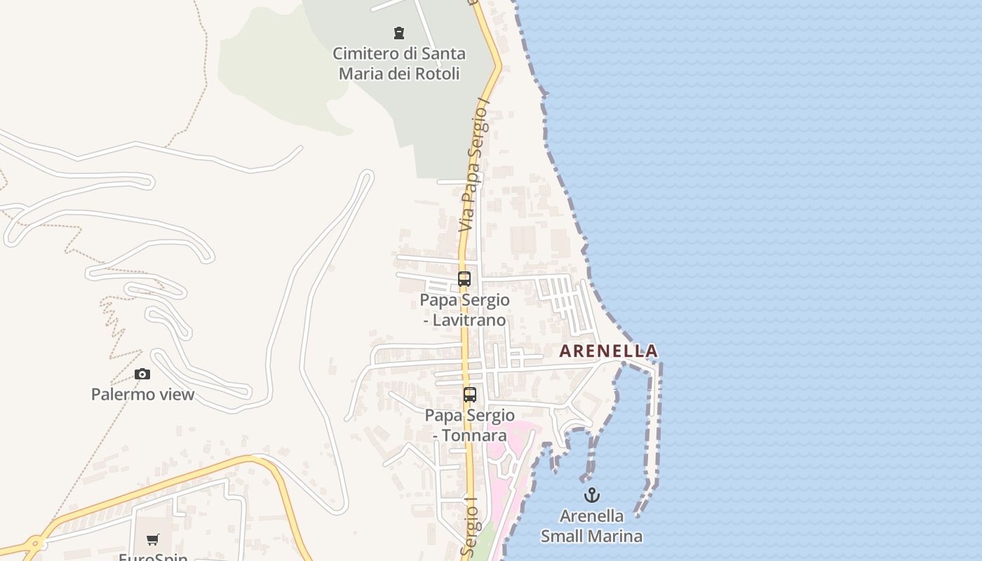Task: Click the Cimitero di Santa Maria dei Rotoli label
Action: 398,63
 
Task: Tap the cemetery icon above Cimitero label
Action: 398,32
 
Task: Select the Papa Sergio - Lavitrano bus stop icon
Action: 464,278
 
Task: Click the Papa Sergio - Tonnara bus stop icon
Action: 469,394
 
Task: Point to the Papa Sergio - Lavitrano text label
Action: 464,309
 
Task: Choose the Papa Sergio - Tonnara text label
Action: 469,425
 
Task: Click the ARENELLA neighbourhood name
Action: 608,351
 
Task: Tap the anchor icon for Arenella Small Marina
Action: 592,495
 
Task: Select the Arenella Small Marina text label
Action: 591,526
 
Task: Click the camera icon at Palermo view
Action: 142,374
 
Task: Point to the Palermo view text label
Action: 142,394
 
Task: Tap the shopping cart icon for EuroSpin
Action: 152,539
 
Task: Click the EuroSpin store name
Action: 153,557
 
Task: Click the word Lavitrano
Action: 470,320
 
